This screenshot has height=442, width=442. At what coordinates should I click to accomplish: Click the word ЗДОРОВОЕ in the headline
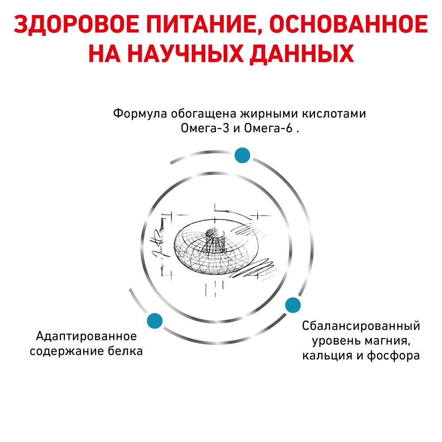(x=76, y=24)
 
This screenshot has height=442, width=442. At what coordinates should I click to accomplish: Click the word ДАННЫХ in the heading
(x=301, y=54)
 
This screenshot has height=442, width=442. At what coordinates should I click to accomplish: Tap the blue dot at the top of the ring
(x=242, y=155)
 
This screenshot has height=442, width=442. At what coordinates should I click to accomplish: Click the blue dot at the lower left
(x=155, y=321)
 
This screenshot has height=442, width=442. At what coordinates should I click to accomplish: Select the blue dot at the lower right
(x=293, y=305)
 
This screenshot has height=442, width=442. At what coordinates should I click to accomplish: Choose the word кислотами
(x=334, y=114)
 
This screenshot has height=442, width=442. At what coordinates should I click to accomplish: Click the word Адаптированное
(x=87, y=336)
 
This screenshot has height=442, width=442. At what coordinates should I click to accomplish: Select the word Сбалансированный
(x=361, y=326)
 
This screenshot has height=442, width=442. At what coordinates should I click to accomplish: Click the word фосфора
(x=393, y=355)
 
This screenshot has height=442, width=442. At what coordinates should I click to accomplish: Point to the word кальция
(x=327, y=356)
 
